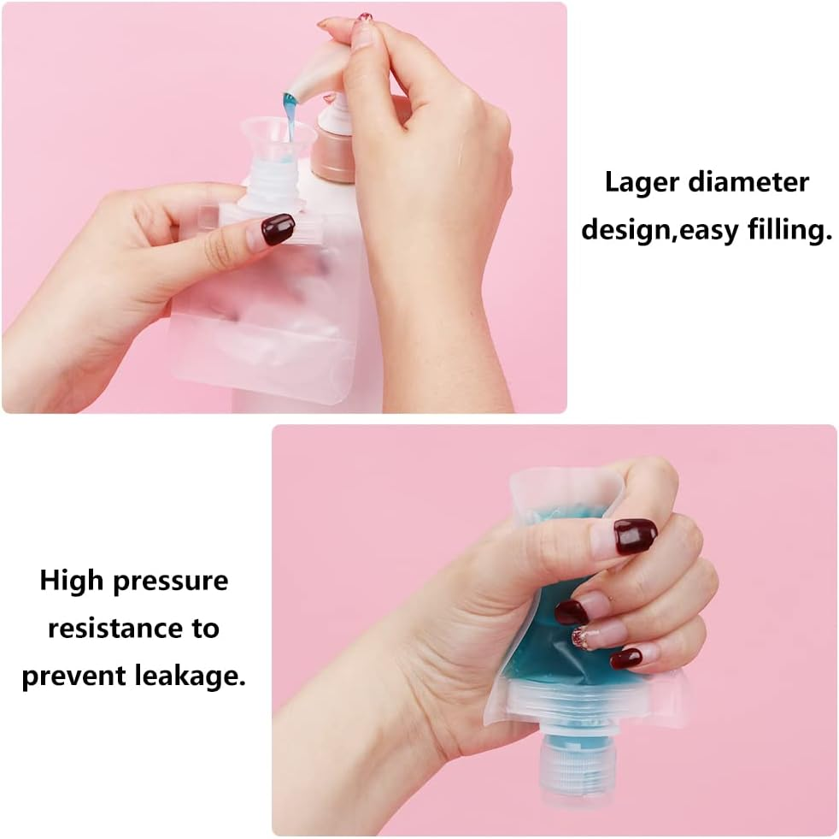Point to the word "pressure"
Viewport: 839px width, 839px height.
click(174, 582)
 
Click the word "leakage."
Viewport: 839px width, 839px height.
click(191, 677)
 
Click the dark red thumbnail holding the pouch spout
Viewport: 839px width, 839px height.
click(278, 229)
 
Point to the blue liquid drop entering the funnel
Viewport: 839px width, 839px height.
click(290, 110)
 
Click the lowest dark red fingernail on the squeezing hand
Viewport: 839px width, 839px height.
click(626, 658)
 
